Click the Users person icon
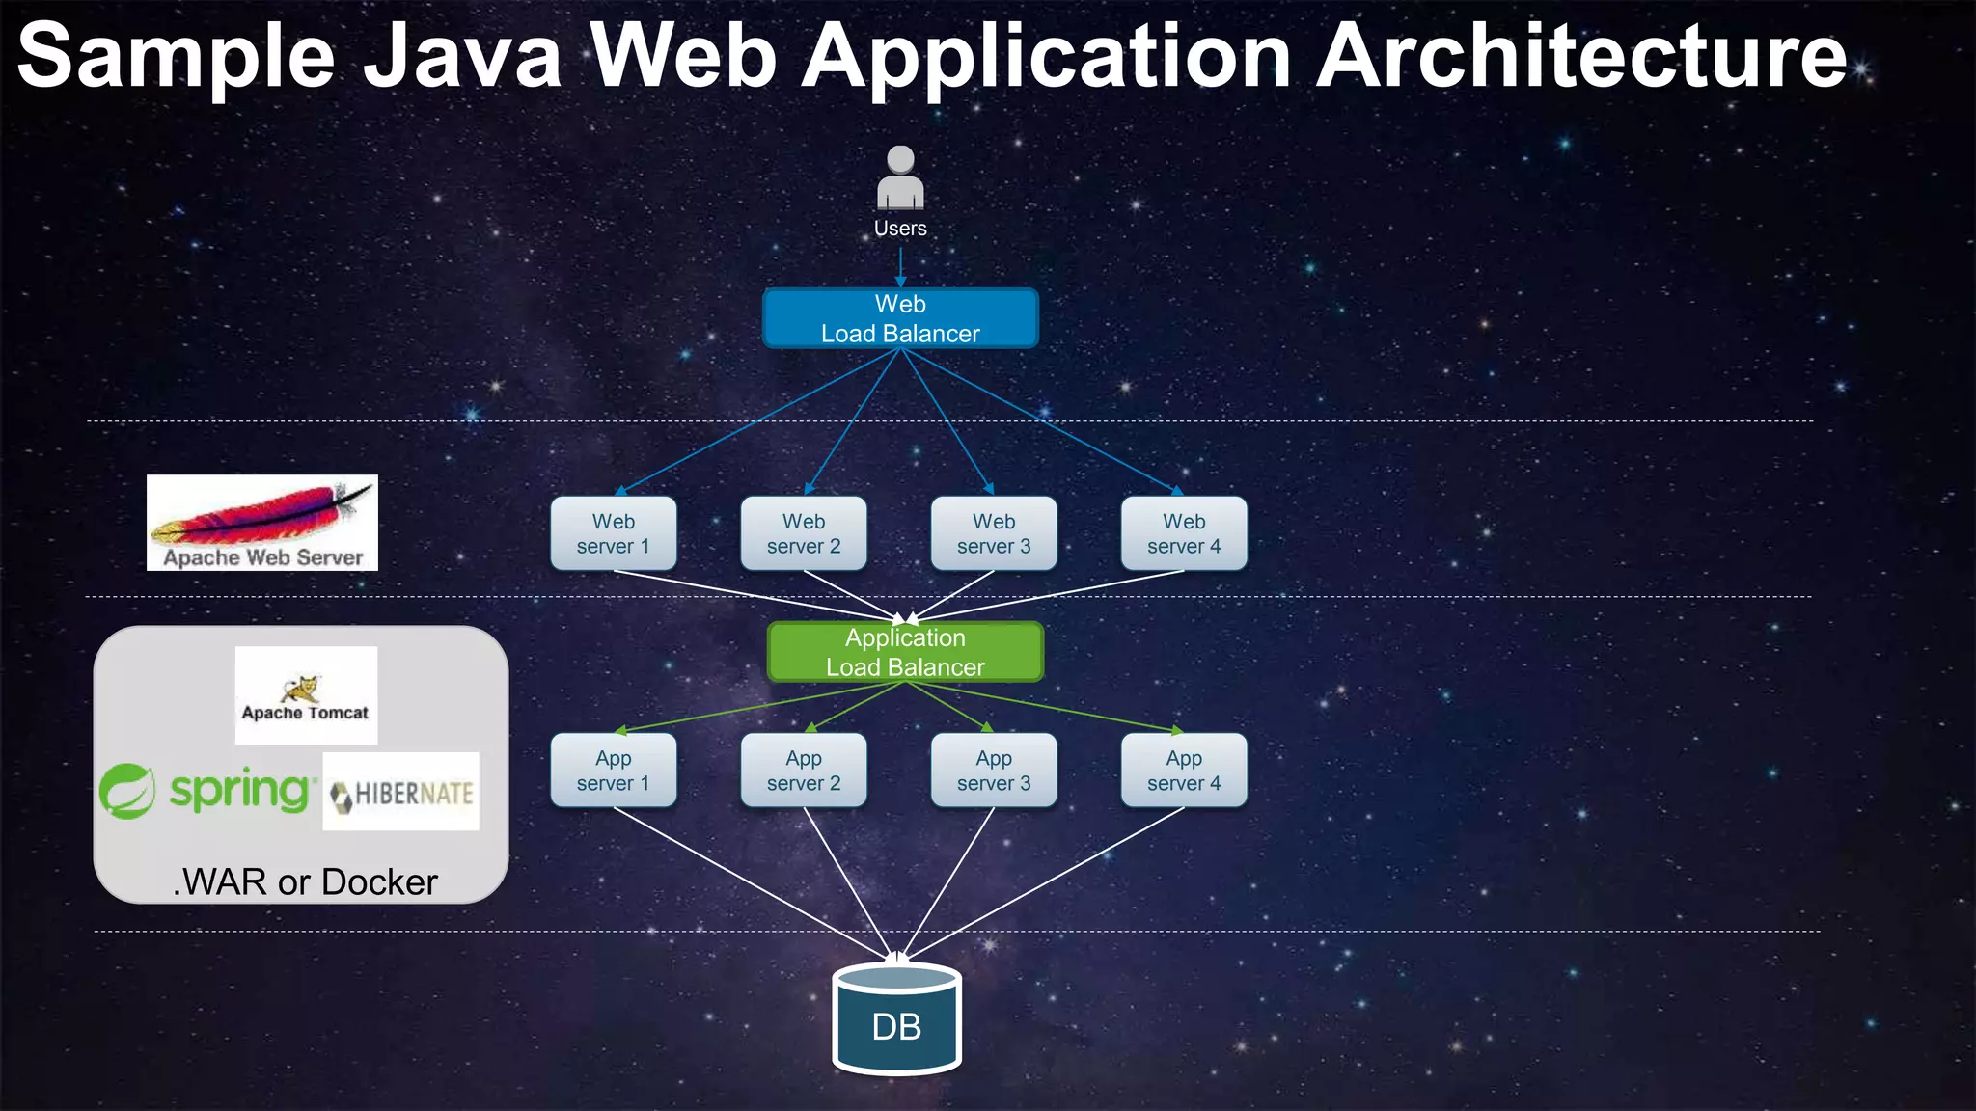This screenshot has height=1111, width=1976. click(900, 177)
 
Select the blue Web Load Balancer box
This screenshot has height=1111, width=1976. click(900, 318)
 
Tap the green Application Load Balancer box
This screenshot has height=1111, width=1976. click(905, 652)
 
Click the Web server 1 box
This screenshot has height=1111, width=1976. click(614, 533)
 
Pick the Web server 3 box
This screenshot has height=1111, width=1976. click(994, 533)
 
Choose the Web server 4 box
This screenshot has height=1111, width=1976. click(1184, 533)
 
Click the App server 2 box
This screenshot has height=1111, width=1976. click(804, 771)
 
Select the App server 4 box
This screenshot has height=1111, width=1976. click(1184, 771)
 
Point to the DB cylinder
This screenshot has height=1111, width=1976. click(896, 1020)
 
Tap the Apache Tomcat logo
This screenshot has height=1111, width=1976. click(306, 695)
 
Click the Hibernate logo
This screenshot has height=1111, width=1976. click(401, 792)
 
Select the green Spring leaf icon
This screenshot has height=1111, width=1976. click(126, 791)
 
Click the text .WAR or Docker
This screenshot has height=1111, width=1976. click(305, 882)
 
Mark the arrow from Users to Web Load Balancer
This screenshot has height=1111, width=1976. click(900, 267)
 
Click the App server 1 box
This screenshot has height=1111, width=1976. click(614, 771)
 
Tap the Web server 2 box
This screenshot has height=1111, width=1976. click(804, 533)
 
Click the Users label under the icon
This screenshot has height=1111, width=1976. click(900, 229)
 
